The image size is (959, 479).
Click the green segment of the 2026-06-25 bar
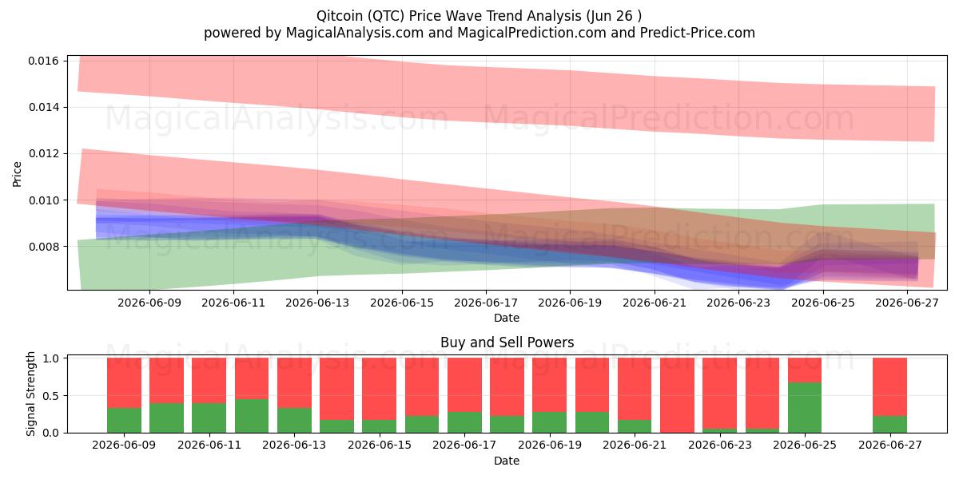click(805, 408)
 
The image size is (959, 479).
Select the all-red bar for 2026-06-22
click(678, 395)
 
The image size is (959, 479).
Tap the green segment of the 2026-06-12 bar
click(252, 416)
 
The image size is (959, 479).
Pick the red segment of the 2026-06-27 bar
click(889, 387)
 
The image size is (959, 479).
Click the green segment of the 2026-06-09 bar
click(124, 421)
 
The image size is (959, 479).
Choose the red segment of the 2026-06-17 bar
click(464, 385)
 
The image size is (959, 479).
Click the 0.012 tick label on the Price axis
click(43, 153)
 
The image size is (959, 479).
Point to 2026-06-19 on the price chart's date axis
click(570, 303)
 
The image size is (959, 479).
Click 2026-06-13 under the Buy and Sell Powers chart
click(294, 445)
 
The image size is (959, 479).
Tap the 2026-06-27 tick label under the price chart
click(907, 303)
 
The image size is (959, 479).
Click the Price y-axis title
click(17, 174)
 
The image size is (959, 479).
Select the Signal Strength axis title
click(30, 394)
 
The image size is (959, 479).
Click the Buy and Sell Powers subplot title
click(507, 342)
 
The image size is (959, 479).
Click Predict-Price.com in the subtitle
click(698, 33)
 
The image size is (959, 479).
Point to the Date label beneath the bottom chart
click(507, 461)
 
